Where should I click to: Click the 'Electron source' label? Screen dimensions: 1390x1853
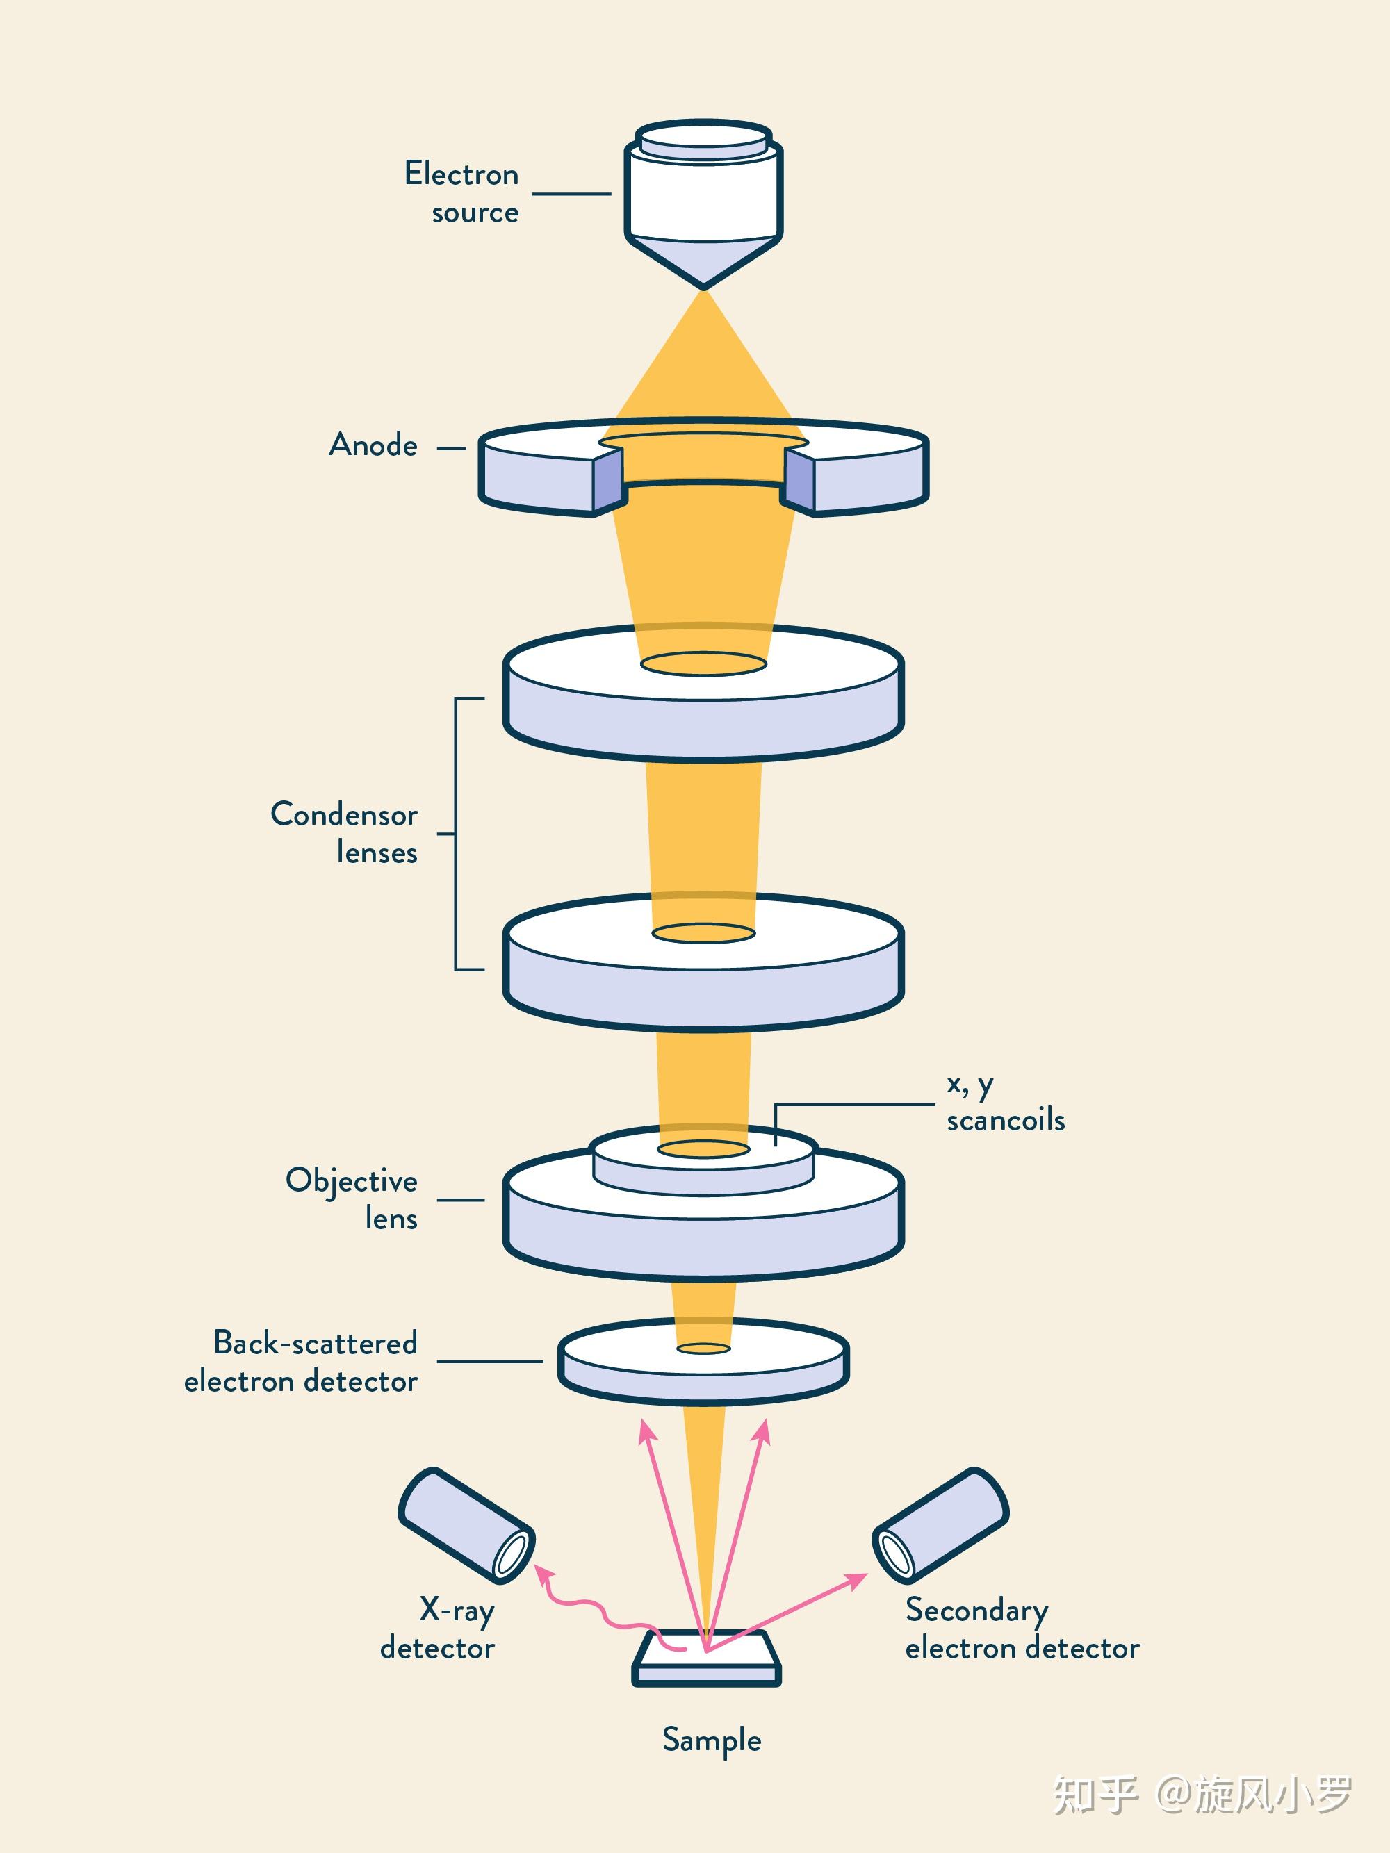point(461,192)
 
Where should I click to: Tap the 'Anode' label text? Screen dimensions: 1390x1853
point(373,445)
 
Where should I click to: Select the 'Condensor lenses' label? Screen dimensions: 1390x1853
point(343,832)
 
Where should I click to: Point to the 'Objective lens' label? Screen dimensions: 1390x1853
point(351,1198)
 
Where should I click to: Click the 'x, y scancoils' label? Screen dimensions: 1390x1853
point(1006,1103)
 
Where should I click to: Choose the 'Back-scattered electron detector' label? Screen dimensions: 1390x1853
point(301,1361)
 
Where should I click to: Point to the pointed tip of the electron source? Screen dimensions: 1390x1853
point(704,289)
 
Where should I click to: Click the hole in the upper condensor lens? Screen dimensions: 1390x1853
point(704,664)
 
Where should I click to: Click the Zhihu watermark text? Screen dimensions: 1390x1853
point(1203,1795)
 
